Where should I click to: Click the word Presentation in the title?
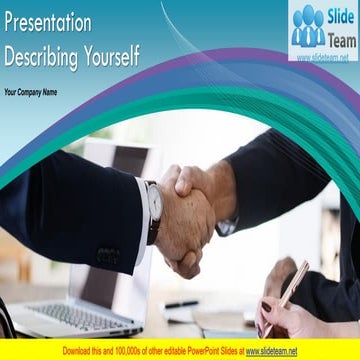tap(47, 22)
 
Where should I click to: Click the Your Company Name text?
tap(30, 92)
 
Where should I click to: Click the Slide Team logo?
tap(323, 30)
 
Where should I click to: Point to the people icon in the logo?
tap(308, 25)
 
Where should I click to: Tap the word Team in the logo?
tap(340, 38)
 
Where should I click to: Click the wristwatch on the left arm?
tap(153, 207)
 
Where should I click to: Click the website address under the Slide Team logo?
tap(323, 57)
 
